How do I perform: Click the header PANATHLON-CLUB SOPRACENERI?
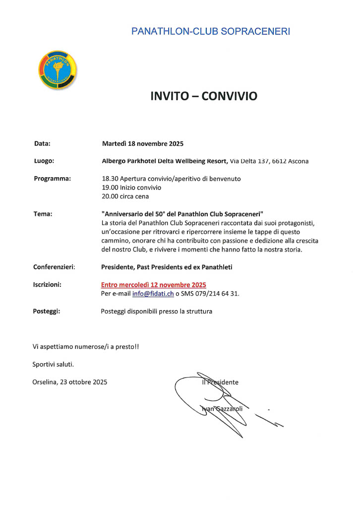coord(211,31)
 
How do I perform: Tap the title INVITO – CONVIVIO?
coord(204,96)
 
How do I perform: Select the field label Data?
coord(42,144)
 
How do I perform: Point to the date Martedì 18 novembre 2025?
coord(143,144)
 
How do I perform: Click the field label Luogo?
coord(44,161)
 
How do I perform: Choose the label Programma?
coord(52,179)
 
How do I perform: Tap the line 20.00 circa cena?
coord(125,196)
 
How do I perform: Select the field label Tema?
coord(43,214)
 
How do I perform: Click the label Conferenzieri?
coord(54,267)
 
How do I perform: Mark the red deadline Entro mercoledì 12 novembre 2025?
coord(154,285)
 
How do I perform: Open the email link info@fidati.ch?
coord(153,294)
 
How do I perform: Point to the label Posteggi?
coord(47,312)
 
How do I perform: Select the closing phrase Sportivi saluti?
coord(53,364)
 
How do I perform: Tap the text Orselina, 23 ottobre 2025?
coord(70,382)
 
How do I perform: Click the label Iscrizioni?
coord(48,285)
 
